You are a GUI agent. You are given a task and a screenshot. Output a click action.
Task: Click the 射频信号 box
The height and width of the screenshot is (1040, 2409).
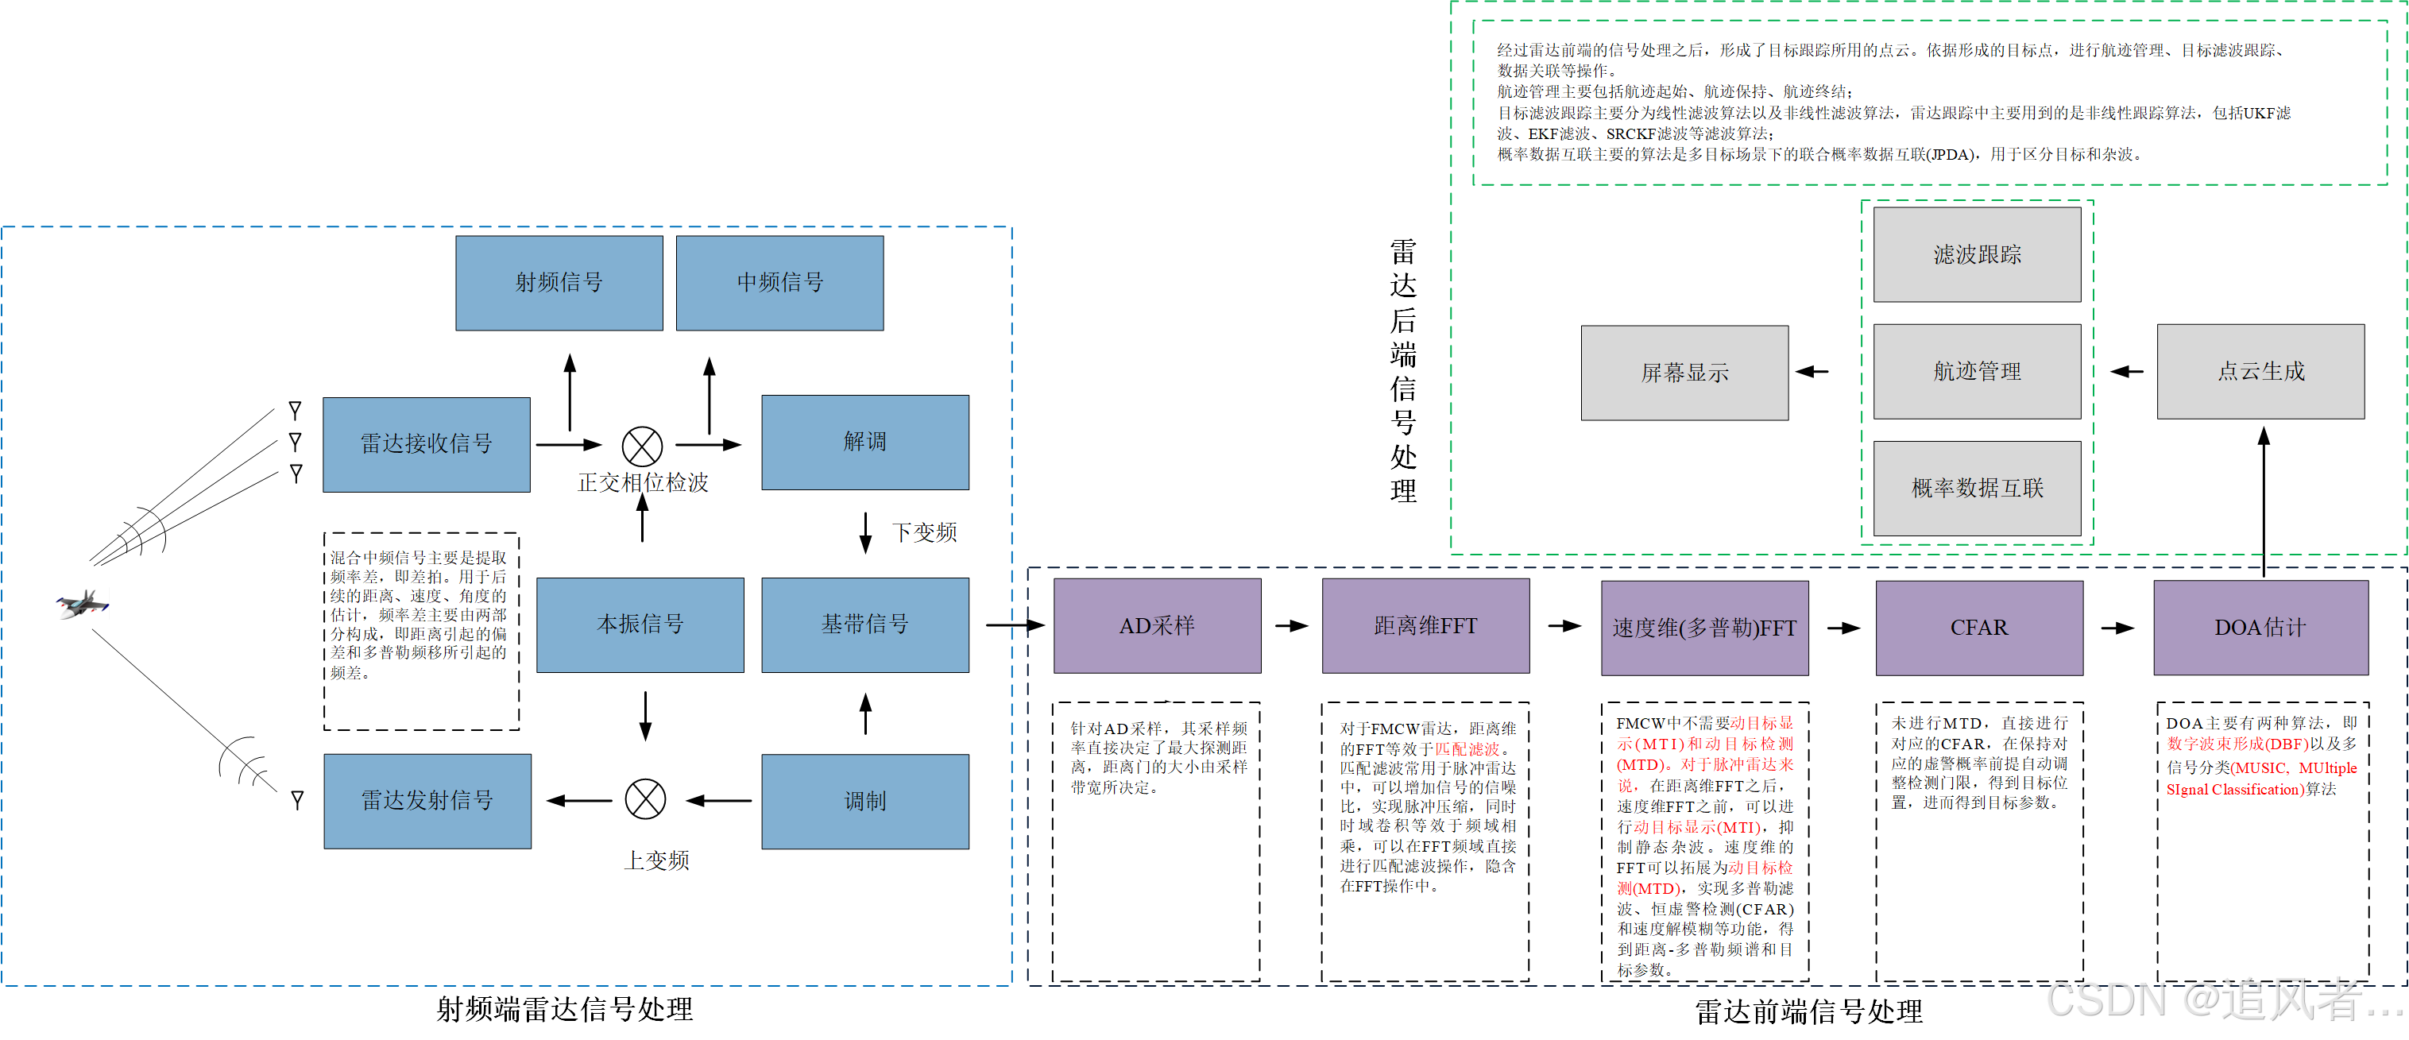pyautogui.click(x=559, y=283)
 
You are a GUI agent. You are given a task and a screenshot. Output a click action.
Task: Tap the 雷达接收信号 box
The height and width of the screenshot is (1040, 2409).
pyautogui.click(x=427, y=444)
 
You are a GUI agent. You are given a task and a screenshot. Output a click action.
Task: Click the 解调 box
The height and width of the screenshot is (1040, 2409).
pyautogui.click(x=865, y=443)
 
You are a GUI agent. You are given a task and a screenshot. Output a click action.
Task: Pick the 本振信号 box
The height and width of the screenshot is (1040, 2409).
pyautogui.click(x=640, y=624)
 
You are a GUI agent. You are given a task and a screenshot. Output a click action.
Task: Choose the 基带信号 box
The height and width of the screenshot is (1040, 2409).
pyautogui.click(x=865, y=624)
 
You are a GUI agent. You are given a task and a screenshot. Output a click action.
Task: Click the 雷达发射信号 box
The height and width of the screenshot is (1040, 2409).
pyautogui.click(x=427, y=802)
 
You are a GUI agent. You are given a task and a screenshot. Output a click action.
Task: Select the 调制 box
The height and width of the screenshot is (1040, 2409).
pyautogui.click(x=865, y=802)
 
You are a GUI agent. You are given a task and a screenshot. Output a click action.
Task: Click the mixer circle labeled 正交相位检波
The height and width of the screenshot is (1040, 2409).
pyautogui.click(x=643, y=447)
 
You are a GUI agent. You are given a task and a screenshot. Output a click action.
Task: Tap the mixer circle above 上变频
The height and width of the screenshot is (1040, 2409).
pyautogui.click(x=645, y=799)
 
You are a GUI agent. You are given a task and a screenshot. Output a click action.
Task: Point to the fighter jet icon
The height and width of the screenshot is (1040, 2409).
pyautogui.click(x=83, y=604)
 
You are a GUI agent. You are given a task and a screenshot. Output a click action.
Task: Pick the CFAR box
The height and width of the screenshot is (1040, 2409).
pyautogui.click(x=1979, y=628)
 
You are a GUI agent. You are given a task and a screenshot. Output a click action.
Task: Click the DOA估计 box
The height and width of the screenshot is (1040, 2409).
pyautogui.click(x=2260, y=628)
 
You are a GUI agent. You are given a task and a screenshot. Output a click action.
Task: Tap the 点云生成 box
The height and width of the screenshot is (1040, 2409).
pyautogui.click(x=2260, y=371)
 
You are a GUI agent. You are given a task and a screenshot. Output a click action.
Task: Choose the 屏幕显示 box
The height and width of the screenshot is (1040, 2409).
pyautogui.click(x=1684, y=373)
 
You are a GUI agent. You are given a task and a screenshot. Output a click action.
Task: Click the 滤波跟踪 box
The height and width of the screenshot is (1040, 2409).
pyautogui.click(x=1977, y=254)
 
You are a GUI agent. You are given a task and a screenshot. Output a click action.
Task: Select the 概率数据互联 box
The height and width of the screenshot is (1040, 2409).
pyautogui.click(x=1977, y=488)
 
